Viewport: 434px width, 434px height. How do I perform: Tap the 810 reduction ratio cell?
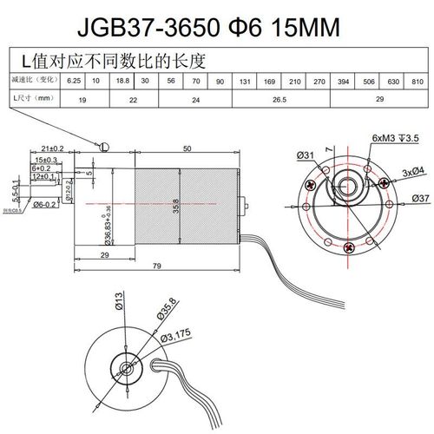418,82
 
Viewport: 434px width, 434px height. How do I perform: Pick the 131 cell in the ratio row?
246,82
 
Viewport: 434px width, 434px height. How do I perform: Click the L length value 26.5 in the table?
279,100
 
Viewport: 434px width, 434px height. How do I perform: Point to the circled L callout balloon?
104,147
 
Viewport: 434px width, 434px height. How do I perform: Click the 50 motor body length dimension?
187,148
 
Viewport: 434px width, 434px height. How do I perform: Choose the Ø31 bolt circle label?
304,155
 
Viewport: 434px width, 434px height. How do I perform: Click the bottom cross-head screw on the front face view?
350,248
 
